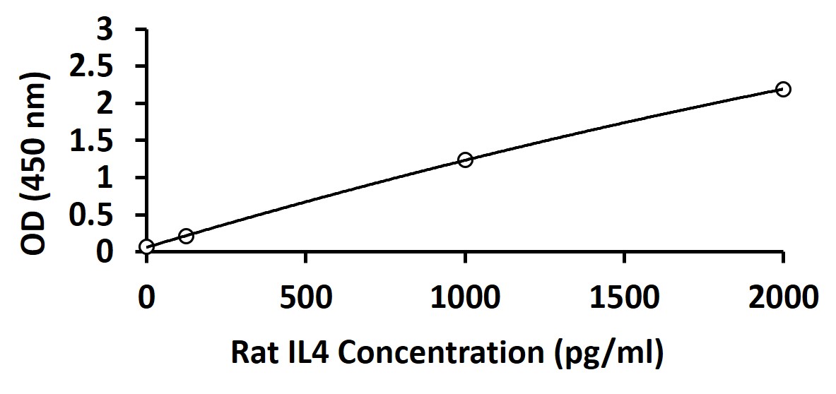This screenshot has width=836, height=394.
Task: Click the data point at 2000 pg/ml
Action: pyautogui.click(x=782, y=89)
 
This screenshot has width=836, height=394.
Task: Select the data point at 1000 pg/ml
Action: pyautogui.click(x=465, y=160)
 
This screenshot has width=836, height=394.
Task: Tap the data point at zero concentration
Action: pyautogui.click(x=146, y=246)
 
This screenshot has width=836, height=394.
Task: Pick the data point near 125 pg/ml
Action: pyautogui.click(x=186, y=236)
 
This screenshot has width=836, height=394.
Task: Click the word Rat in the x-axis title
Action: pyautogui.click(x=252, y=352)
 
